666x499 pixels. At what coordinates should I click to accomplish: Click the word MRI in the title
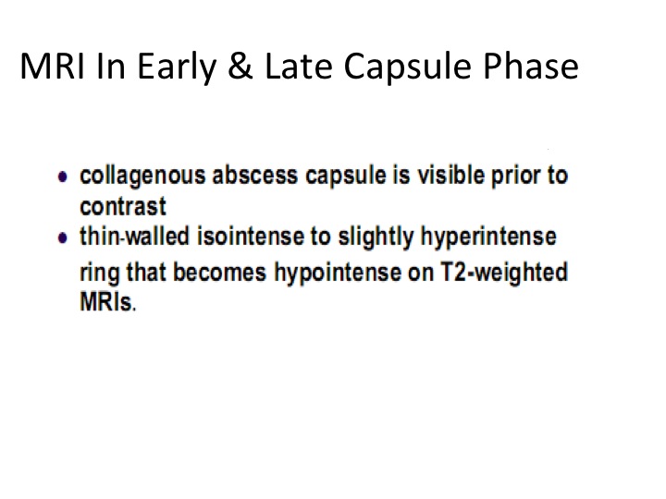click(x=52, y=67)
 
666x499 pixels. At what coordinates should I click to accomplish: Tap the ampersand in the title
click(x=240, y=67)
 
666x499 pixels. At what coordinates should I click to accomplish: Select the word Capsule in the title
click(x=407, y=67)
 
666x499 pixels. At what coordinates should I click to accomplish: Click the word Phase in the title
click(x=531, y=67)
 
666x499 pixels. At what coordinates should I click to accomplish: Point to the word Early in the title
click(x=177, y=67)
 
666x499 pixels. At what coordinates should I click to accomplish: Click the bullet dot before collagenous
click(x=63, y=176)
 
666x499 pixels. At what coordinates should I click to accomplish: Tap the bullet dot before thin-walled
click(x=63, y=237)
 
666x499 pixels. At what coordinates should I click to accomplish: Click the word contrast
click(x=123, y=207)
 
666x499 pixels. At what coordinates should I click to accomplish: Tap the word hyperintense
click(x=488, y=237)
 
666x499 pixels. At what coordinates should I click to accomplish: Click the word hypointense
click(x=338, y=273)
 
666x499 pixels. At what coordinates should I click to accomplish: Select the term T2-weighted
click(x=504, y=273)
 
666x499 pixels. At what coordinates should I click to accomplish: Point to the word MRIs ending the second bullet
click(x=108, y=301)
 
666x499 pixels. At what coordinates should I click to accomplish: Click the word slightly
click(x=376, y=237)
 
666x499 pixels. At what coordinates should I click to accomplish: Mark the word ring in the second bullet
click(x=99, y=274)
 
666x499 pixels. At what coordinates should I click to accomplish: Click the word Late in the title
click(x=299, y=67)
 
